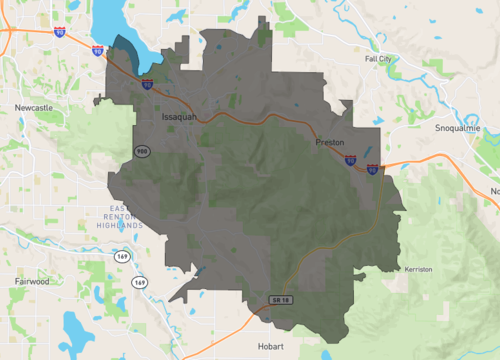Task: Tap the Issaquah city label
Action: (181, 117)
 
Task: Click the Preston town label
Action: (329, 143)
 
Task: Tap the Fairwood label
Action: (35, 282)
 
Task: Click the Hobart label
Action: (270, 345)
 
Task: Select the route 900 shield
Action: (144, 150)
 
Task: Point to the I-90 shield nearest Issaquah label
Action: (146, 85)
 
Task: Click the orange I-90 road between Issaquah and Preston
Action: (250, 119)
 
